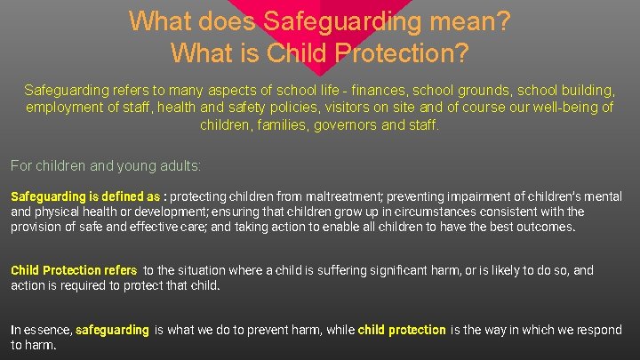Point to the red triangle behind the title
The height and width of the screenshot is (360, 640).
[320, 40]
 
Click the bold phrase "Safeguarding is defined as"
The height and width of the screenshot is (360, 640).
[86, 196]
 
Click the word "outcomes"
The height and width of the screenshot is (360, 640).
[547, 227]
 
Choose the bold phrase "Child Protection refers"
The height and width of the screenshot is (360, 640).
[74, 270]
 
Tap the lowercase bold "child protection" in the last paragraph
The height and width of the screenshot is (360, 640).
[402, 330]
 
